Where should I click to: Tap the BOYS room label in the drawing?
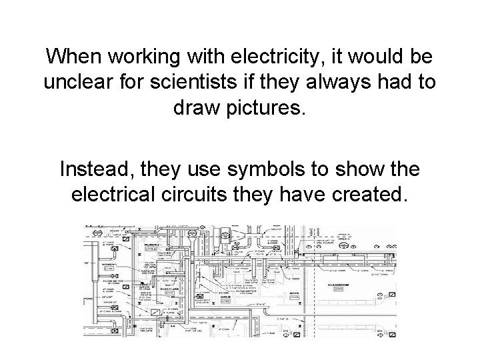click(293, 291)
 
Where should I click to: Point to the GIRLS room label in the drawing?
click(223, 295)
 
